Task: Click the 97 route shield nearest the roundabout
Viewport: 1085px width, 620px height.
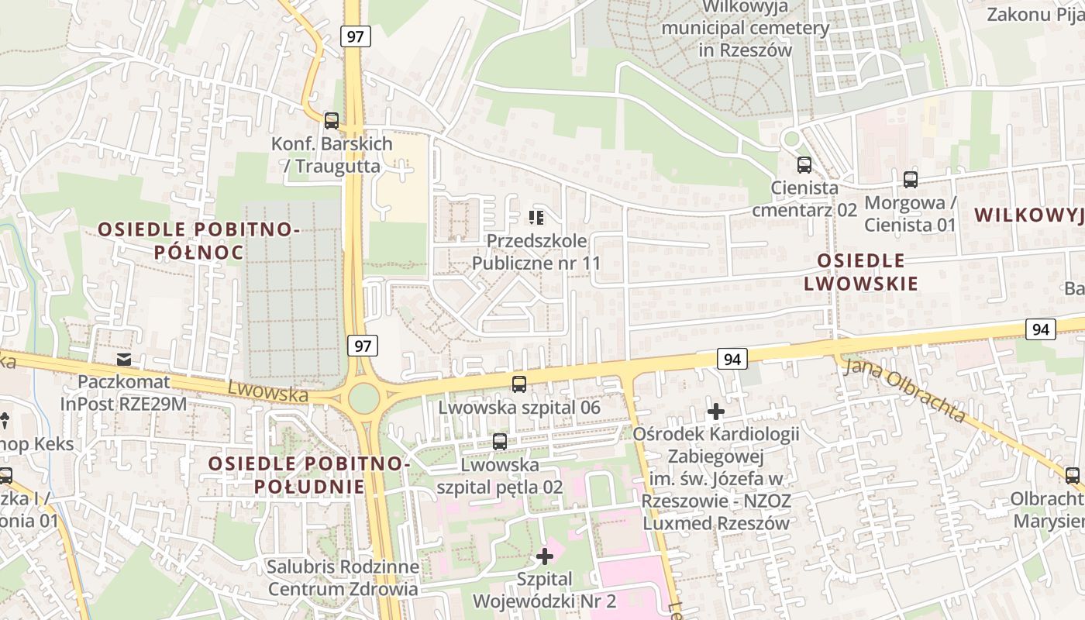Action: point(362,346)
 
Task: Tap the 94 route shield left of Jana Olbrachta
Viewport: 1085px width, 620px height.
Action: point(732,358)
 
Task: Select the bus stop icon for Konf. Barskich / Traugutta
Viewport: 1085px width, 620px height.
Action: point(332,120)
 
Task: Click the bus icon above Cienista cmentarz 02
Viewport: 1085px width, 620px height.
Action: point(804,164)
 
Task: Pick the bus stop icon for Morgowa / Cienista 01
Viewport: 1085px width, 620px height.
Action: point(911,180)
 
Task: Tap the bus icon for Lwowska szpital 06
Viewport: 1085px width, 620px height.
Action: point(519,384)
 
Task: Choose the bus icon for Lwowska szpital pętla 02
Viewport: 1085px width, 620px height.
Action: point(500,442)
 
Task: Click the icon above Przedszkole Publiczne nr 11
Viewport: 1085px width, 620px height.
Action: point(536,218)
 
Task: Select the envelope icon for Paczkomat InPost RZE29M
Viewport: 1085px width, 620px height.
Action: point(123,359)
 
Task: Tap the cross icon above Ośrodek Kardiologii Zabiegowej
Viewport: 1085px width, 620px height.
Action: point(716,411)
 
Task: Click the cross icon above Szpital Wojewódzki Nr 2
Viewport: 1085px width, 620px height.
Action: point(545,556)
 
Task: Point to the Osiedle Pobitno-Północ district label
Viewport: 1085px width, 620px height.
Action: point(198,240)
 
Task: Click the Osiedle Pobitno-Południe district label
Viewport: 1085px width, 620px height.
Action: point(309,474)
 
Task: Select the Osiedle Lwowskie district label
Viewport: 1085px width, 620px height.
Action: point(861,271)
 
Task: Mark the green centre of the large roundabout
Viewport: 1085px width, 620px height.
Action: point(363,399)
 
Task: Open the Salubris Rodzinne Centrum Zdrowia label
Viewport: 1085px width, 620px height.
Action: point(343,577)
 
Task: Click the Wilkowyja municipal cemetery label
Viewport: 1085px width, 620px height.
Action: point(745,29)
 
